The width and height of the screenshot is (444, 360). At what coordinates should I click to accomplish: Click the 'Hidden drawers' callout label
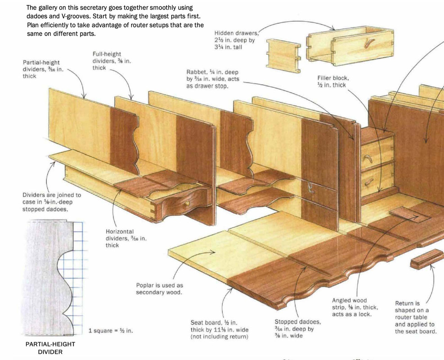click(x=235, y=40)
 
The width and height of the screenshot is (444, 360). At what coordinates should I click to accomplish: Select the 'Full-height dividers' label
click(x=112, y=61)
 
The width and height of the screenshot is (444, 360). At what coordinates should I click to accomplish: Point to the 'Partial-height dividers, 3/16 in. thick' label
click(x=43, y=69)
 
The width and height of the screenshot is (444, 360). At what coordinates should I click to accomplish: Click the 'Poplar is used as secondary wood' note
click(x=159, y=288)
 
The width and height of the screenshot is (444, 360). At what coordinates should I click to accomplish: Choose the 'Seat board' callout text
click(x=220, y=329)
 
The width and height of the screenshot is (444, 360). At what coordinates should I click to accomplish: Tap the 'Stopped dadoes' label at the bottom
click(x=298, y=328)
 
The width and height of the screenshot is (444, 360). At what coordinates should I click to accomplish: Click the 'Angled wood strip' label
click(x=355, y=307)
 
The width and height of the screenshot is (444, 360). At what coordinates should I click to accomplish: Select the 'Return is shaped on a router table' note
click(x=415, y=317)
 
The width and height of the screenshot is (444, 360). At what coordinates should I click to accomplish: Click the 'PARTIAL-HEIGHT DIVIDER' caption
click(x=50, y=348)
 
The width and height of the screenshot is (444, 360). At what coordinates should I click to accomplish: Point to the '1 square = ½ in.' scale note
click(x=111, y=331)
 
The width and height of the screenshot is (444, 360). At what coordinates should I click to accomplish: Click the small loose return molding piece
click(x=427, y=259)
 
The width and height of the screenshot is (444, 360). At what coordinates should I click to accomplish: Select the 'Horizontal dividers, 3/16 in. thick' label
click(x=126, y=238)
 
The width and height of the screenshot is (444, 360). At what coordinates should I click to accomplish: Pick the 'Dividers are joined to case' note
click(x=52, y=202)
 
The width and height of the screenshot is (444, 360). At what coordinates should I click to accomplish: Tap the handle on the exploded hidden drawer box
click(x=369, y=43)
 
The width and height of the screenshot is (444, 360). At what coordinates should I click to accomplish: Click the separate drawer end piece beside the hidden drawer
click(x=283, y=56)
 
